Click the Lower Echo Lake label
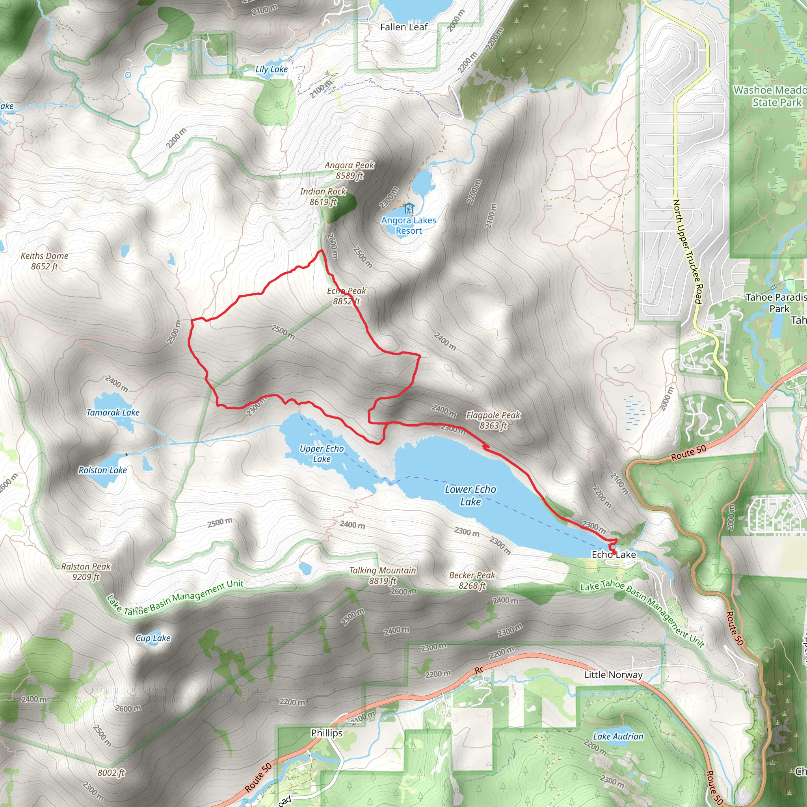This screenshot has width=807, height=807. click(470, 495)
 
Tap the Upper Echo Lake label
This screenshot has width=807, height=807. click(322, 454)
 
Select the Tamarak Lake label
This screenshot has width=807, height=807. click(113, 413)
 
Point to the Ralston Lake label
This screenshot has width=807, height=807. click(103, 470)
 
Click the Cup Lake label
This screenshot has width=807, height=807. click(153, 638)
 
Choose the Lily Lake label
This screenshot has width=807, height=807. click(271, 69)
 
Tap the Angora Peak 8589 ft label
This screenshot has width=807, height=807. click(350, 170)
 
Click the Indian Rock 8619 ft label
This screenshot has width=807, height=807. click(323, 197)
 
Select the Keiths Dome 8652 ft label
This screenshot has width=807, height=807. click(44, 261)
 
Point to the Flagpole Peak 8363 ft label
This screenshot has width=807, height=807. click(493, 420)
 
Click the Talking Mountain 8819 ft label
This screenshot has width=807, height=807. click(383, 576)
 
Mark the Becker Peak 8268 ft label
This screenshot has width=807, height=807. click(472, 580)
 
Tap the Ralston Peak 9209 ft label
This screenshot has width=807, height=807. click(86, 572)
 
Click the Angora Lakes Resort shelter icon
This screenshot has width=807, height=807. click(409, 208)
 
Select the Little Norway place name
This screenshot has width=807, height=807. click(613, 675)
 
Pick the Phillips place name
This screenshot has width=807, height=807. click(327, 733)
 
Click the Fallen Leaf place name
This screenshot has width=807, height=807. click(404, 28)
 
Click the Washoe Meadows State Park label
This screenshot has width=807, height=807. click(770, 97)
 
